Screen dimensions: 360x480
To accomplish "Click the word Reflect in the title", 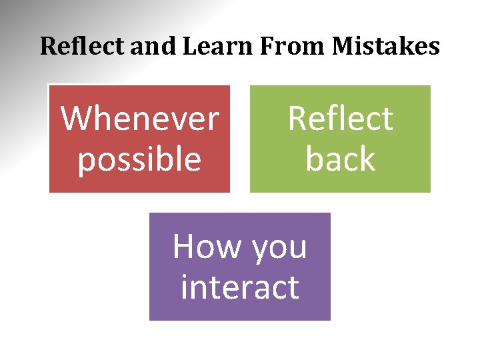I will click(x=83, y=47).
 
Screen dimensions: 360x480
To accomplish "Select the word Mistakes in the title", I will click(x=386, y=47).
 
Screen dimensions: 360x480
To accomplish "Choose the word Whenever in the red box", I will click(x=140, y=119).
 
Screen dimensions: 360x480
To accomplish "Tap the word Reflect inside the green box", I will click(x=340, y=119).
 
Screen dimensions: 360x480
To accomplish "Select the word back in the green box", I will click(x=340, y=159).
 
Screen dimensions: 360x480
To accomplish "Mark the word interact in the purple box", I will click(x=239, y=287).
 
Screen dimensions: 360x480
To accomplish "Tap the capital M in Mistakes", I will click(x=344, y=47).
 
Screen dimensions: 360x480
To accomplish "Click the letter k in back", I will click(x=367, y=159).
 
